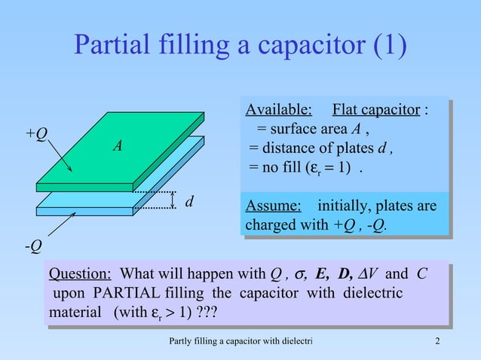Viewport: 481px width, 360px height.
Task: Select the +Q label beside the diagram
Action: coord(36,133)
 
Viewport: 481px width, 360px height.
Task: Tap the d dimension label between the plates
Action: coord(190,201)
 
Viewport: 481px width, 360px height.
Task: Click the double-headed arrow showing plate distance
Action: coord(173,201)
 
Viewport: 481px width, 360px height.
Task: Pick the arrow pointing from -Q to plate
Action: coord(60,224)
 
